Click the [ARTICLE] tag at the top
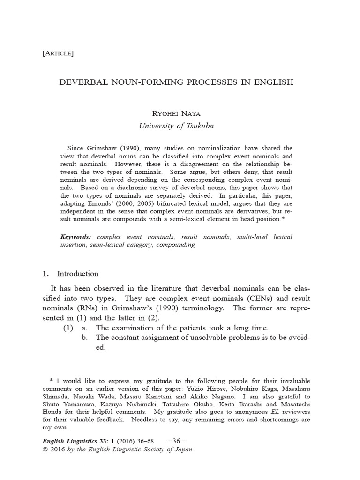[58, 53]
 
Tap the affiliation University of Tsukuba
[176, 125]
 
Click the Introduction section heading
[77, 274]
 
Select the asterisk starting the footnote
[52, 380]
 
